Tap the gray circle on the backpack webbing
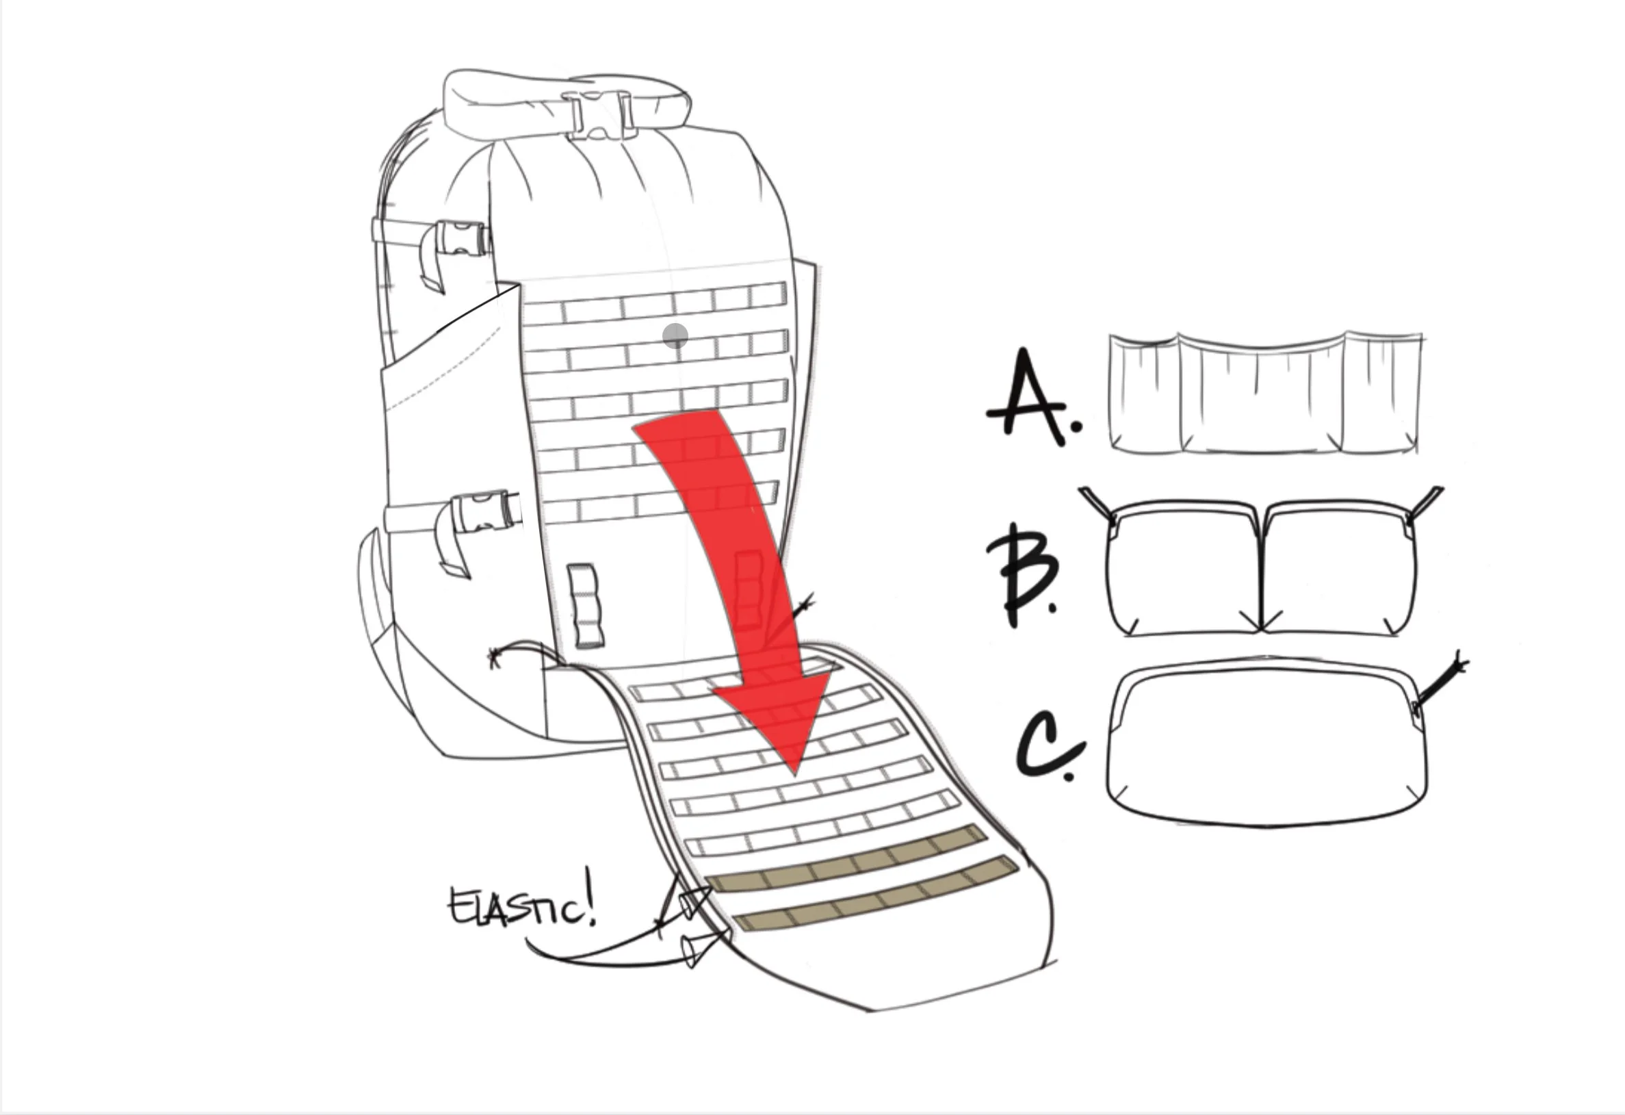[x=675, y=337]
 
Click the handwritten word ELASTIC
[x=521, y=907]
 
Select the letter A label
[x=1028, y=395]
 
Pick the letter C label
[x=1049, y=748]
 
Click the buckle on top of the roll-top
[x=600, y=114]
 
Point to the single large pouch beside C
[x=1266, y=745]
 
